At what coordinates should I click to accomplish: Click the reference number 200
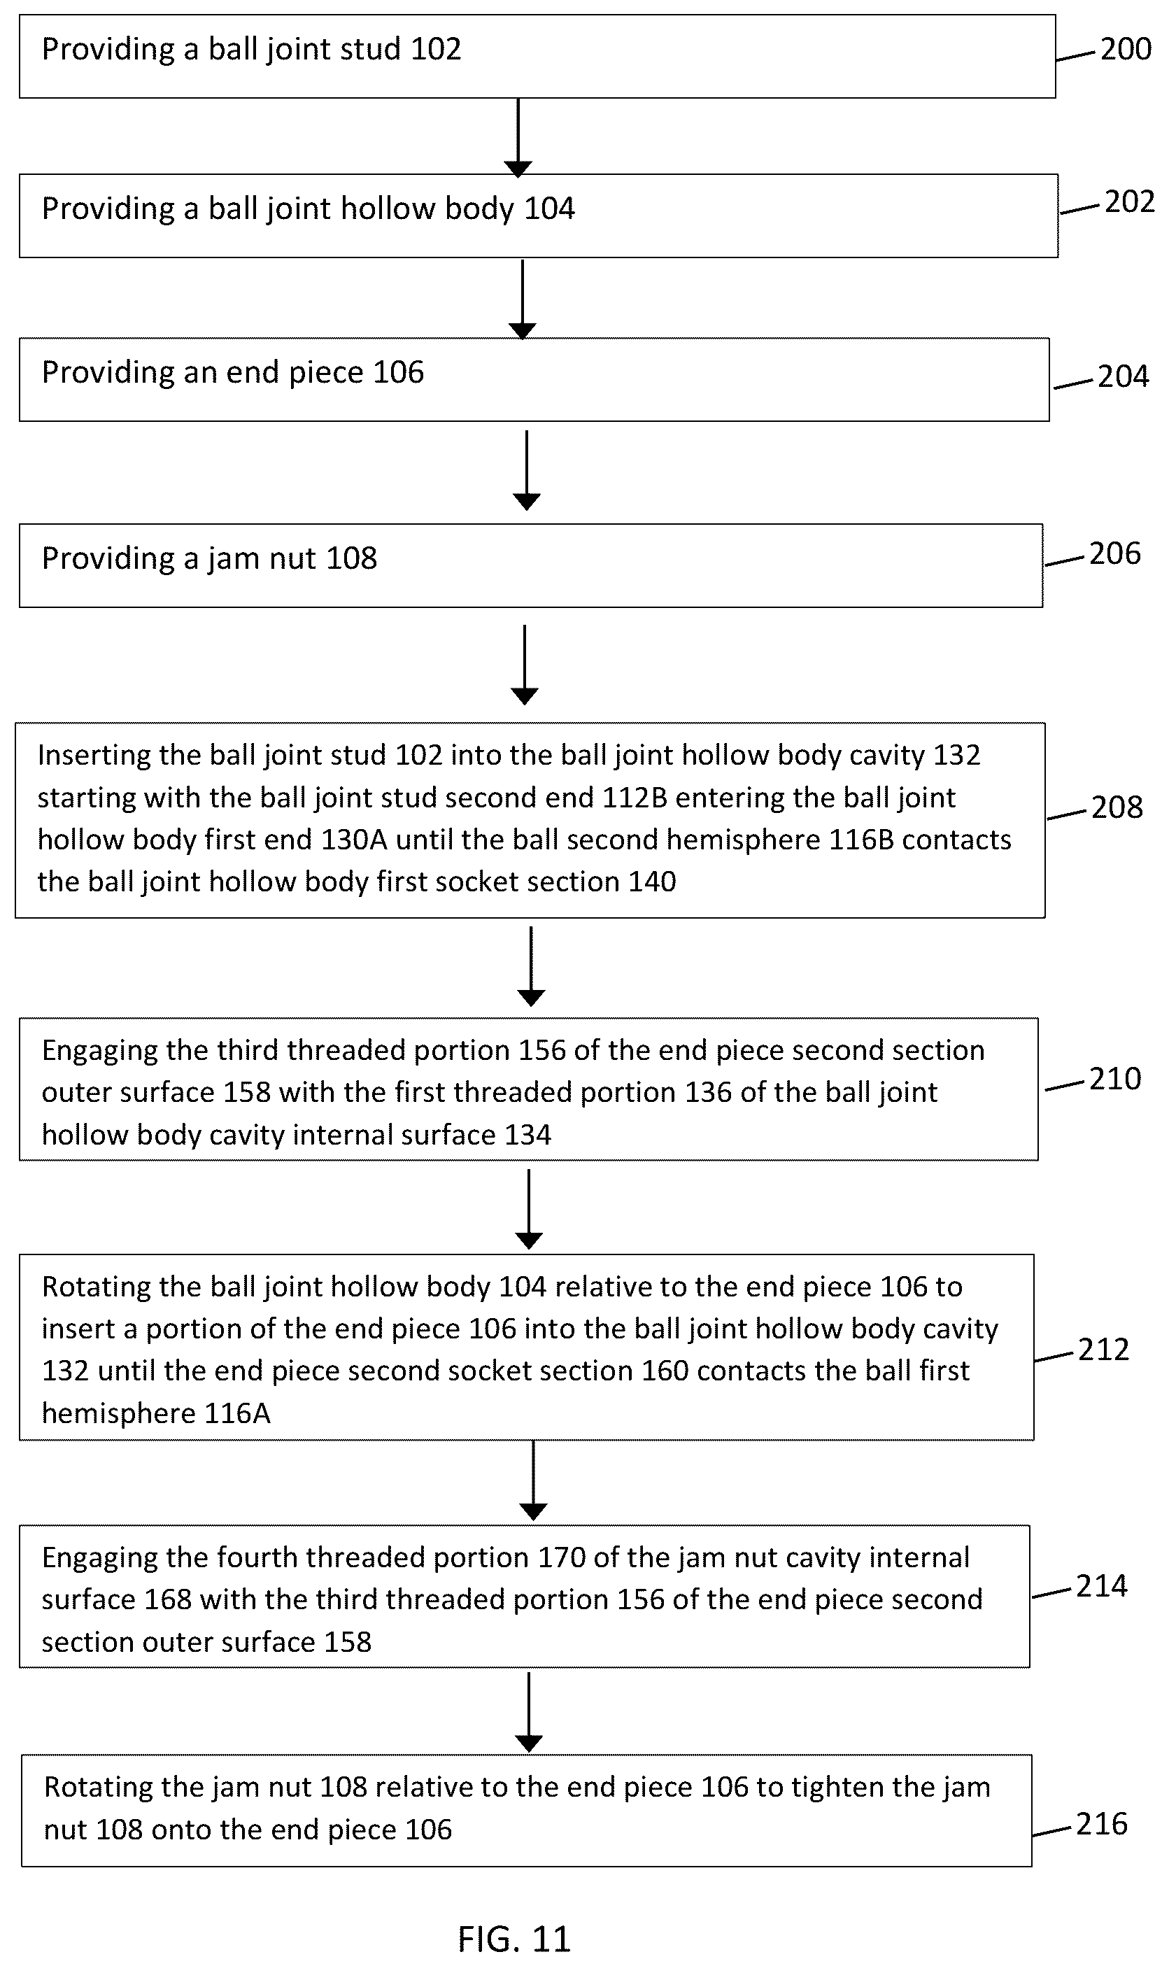[1126, 49]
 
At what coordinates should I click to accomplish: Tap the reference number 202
[1130, 201]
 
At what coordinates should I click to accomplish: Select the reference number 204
[1124, 376]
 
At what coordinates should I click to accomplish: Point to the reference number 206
[1114, 553]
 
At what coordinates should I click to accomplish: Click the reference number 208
[1117, 807]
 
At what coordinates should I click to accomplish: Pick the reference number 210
[1115, 1079]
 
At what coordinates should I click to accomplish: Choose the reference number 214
[1102, 1586]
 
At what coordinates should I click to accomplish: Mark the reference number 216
[1102, 1824]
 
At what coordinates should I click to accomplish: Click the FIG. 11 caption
[514, 1939]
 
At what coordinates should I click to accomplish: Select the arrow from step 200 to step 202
[518, 137]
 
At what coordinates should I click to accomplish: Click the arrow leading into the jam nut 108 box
[526, 470]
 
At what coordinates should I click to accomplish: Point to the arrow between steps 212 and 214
[533, 1481]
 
